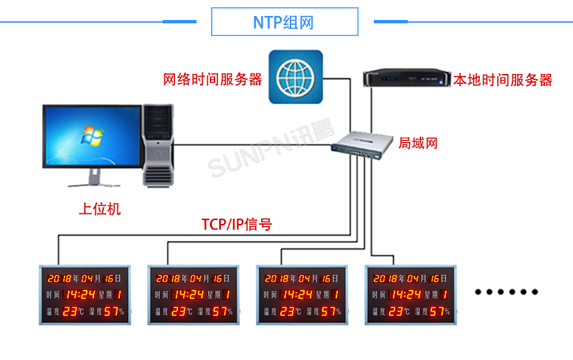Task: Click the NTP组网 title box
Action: click(x=284, y=22)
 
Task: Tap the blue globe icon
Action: click(x=295, y=77)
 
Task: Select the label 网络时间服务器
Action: click(x=213, y=80)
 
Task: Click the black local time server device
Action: click(x=406, y=78)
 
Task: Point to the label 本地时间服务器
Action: click(x=503, y=81)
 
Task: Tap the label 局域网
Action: click(x=418, y=143)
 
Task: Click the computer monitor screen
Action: click(x=91, y=137)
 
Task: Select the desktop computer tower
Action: click(x=158, y=143)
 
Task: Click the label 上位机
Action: click(x=100, y=209)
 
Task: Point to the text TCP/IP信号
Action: click(x=237, y=225)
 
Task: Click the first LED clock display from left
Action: click(x=85, y=295)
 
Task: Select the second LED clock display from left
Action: click(x=193, y=295)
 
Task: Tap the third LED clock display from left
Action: click(x=302, y=295)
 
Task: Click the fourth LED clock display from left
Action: click(x=410, y=295)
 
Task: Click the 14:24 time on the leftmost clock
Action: click(x=81, y=295)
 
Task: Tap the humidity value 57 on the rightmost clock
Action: click(x=436, y=311)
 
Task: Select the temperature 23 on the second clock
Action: click(x=179, y=311)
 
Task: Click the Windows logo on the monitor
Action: click(x=91, y=136)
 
